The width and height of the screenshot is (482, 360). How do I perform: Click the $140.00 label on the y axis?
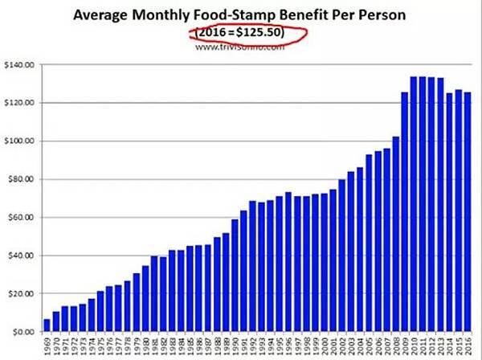tap(20, 64)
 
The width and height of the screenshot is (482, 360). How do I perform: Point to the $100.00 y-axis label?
tap(20, 141)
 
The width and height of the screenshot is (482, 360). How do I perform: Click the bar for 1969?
tap(47, 325)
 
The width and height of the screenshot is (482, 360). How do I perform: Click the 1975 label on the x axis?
tap(100, 346)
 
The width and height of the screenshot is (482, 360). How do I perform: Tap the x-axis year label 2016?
tap(468, 346)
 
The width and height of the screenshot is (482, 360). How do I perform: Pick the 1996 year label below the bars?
tap(288, 346)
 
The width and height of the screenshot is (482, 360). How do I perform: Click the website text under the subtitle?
tap(241, 47)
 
